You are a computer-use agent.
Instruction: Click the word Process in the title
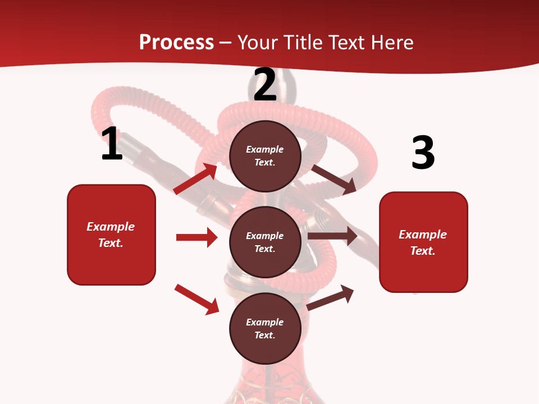pyautogui.click(x=176, y=43)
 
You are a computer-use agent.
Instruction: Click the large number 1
pyautogui.click(x=112, y=144)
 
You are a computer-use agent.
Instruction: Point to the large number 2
pyautogui.click(x=265, y=85)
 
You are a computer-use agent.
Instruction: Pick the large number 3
pyautogui.click(x=423, y=153)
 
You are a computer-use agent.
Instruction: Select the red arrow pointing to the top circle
pyautogui.click(x=195, y=179)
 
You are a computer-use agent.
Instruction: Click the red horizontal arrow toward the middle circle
pyautogui.click(x=197, y=237)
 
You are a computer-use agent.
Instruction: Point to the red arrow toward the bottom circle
pyautogui.click(x=197, y=299)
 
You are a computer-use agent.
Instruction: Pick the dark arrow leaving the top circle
pyautogui.click(x=334, y=179)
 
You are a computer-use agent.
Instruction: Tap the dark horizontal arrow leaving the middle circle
pyautogui.click(x=332, y=236)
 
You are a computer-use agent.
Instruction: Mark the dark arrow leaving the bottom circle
pyautogui.click(x=331, y=298)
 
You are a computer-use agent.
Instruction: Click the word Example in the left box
pyautogui.click(x=111, y=227)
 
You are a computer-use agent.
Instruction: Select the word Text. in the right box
pyautogui.click(x=423, y=251)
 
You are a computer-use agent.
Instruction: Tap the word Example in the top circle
pyautogui.click(x=265, y=150)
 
